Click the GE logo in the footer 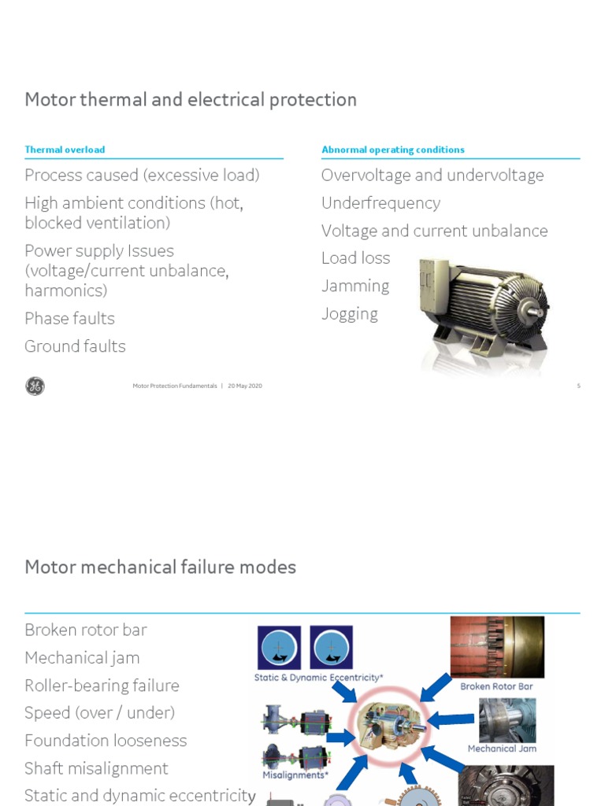point(35,386)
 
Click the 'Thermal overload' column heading point(65,150)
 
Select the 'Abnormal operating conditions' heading point(392,150)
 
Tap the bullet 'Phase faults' point(69,319)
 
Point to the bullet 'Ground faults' point(75,346)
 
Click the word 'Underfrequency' point(380,203)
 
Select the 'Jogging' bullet point(349,314)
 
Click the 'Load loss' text point(355,258)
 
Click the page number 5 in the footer point(578,386)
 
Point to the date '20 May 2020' point(245,386)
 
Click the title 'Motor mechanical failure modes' point(160,567)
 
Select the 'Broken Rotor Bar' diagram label point(496,686)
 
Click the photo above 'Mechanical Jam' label point(507,719)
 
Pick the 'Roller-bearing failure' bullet point(102,686)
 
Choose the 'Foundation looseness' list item point(106,741)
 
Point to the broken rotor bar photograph point(496,646)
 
